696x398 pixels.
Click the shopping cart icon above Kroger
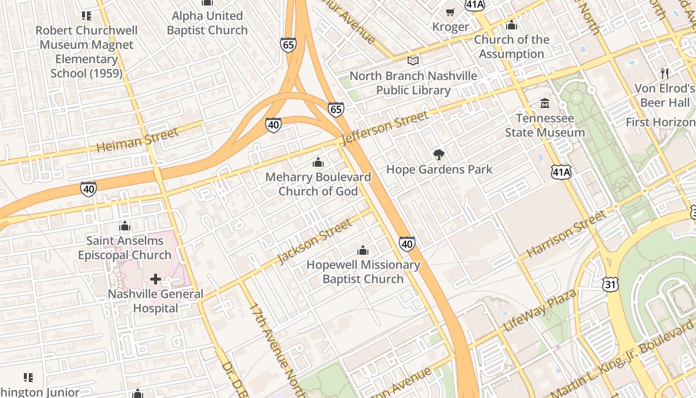click(x=450, y=12)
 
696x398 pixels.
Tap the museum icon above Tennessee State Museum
click(x=545, y=103)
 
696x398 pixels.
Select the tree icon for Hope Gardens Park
click(x=438, y=155)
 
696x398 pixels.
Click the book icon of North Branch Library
click(x=413, y=61)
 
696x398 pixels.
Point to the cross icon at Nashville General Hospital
click(x=156, y=279)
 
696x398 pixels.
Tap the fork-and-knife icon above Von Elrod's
click(x=665, y=74)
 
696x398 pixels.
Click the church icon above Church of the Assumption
click(x=512, y=25)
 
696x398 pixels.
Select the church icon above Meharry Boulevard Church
click(x=318, y=162)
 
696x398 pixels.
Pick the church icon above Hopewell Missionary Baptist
click(x=363, y=250)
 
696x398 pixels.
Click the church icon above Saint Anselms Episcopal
click(x=125, y=226)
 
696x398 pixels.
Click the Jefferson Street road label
click(x=385, y=128)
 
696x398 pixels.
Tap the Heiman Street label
click(x=137, y=140)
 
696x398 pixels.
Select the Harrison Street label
click(x=566, y=233)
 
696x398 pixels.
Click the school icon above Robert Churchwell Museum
click(x=87, y=16)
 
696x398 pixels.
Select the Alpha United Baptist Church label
click(x=207, y=23)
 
